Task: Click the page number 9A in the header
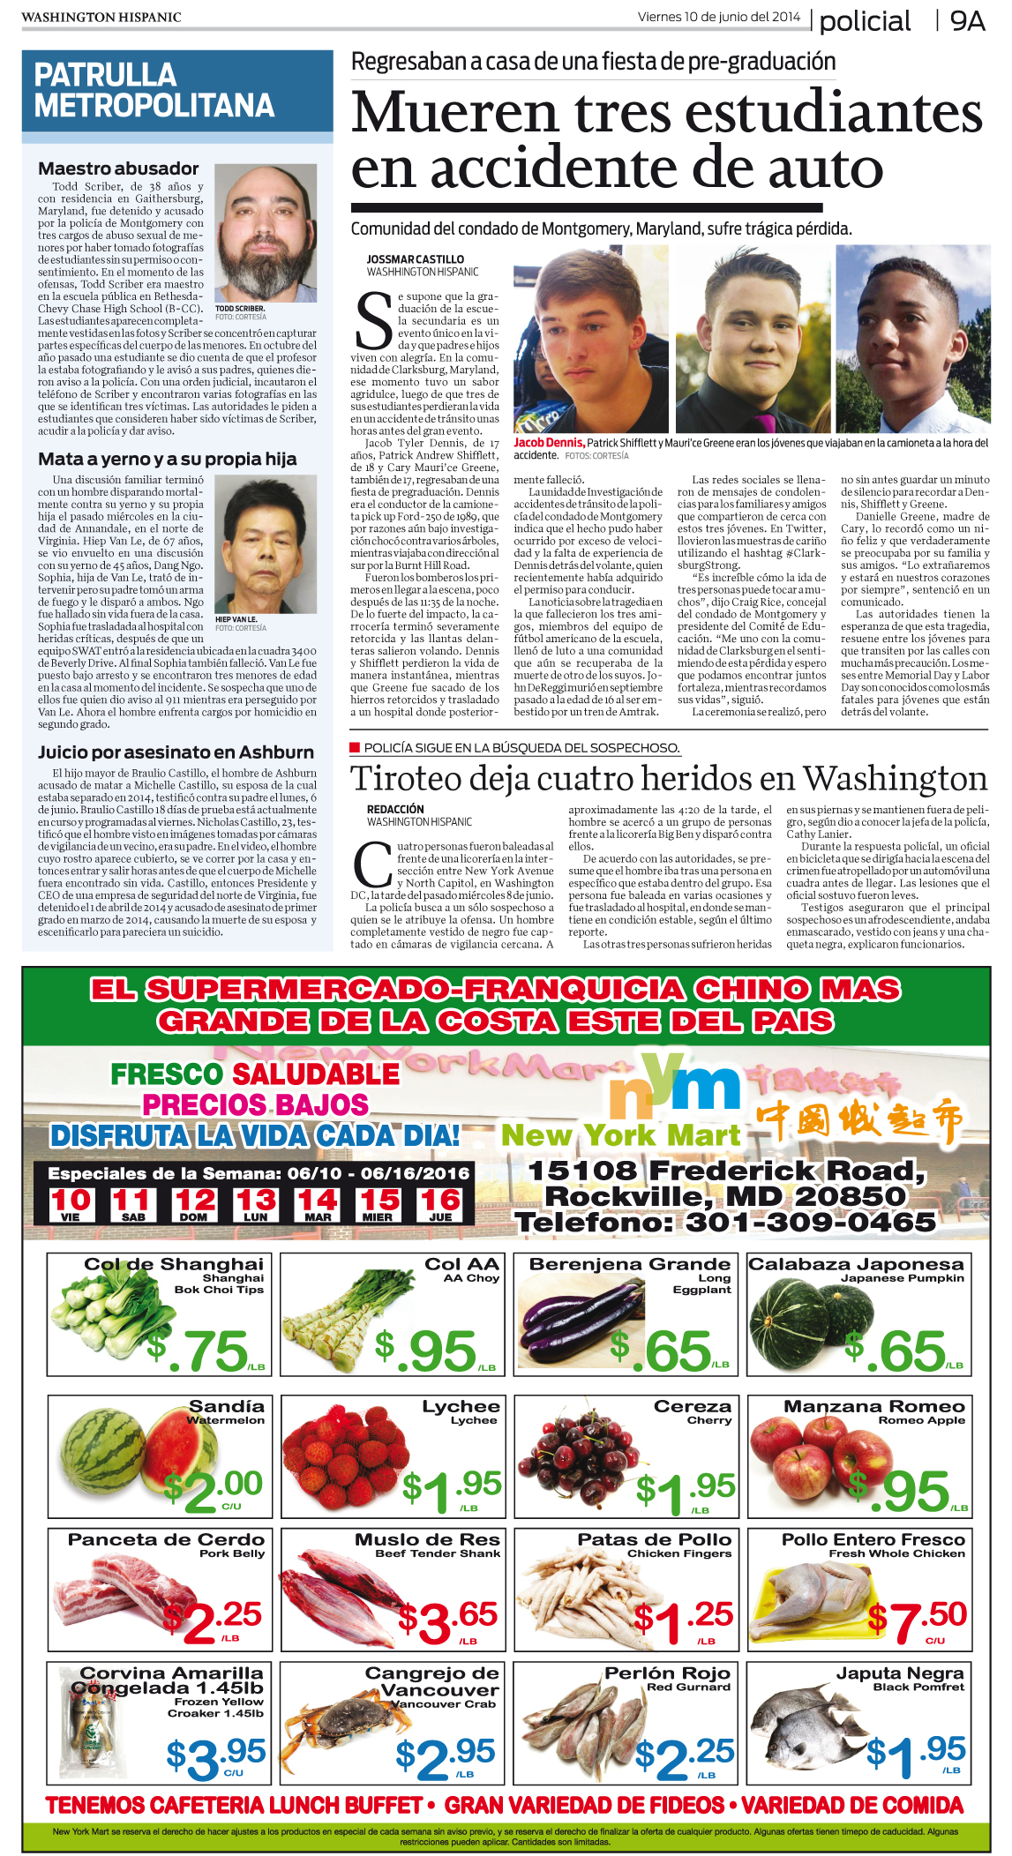pos(967,21)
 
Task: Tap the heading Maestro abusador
pos(118,168)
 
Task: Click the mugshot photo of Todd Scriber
pos(266,233)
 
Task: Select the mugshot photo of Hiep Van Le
pos(266,545)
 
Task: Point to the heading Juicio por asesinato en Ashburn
pos(176,752)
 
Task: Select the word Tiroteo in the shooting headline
pos(406,779)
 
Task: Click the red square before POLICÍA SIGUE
pos(355,747)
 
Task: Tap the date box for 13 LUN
pos(256,1203)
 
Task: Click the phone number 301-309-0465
pos(811,1222)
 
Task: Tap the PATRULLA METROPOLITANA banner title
pos(154,90)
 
